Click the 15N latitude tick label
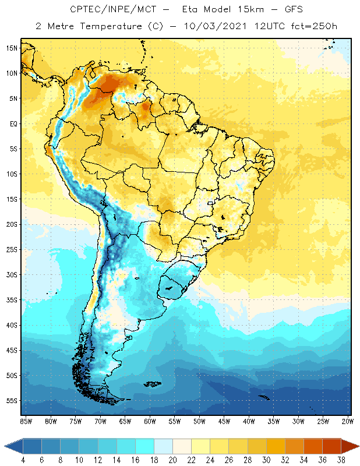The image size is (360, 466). pyautogui.click(x=12, y=48)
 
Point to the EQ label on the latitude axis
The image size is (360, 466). pyautogui.click(x=12, y=123)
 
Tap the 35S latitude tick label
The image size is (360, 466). pyautogui.click(x=12, y=300)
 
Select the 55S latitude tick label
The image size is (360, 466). pyautogui.click(x=12, y=401)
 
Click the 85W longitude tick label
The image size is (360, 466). pyautogui.click(x=26, y=421)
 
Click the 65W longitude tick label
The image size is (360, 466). pyautogui.click(x=125, y=421)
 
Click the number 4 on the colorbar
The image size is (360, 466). pyautogui.click(x=23, y=460)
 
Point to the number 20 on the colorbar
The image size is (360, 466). pyautogui.click(x=172, y=460)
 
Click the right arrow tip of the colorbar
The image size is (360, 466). pyautogui.click(x=358, y=446)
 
